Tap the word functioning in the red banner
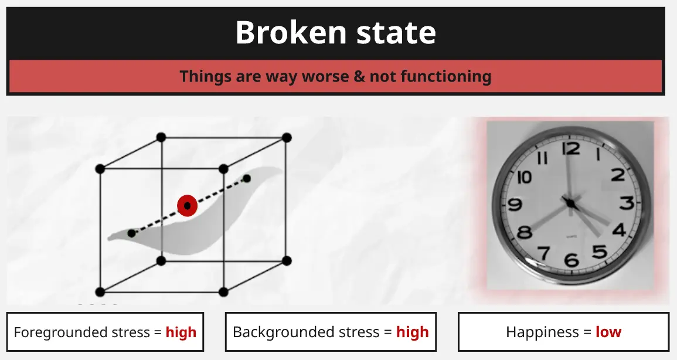(x=446, y=76)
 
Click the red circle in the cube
(x=187, y=206)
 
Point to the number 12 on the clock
(x=571, y=148)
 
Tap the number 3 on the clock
(x=627, y=202)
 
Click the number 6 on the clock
(x=571, y=259)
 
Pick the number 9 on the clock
(x=515, y=203)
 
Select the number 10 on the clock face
(x=524, y=176)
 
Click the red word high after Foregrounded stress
(x=181, y=332)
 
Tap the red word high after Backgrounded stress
(x=412, y=332)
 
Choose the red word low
(x=608, y=332)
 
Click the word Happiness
(x=542, y=332)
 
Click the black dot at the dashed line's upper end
(x=247, y=178)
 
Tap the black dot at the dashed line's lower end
(x=132, y=233)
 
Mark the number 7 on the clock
(x=543, y=252)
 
